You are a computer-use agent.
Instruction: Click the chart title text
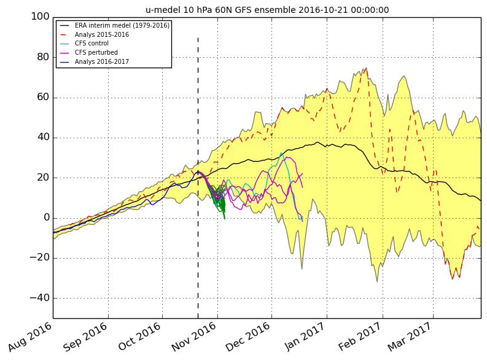pos(267,10)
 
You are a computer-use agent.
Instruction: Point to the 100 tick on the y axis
pos(40,17)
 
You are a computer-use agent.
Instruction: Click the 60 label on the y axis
pos(43,97)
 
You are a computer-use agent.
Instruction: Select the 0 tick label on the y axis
pos(47,217)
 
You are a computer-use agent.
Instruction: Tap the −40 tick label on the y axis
pos(39,297)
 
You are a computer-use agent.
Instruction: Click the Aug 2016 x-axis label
pos(30,337)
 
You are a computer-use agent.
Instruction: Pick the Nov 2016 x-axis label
pos(194,337)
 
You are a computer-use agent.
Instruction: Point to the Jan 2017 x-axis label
pos(305,337)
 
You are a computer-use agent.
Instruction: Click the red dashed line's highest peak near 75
pos(365,69)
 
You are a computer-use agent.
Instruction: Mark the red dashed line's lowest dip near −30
pos(453,278)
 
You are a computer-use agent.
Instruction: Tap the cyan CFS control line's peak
pos(281,153)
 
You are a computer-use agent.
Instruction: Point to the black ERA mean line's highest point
pos(317,143)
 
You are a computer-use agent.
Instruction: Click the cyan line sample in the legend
pos(64,44)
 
